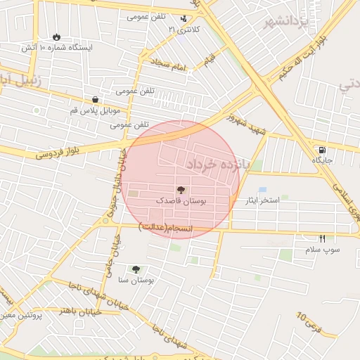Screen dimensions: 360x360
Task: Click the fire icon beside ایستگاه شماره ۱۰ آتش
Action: point(56,37)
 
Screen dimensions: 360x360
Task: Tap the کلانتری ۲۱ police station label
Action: point(184,30)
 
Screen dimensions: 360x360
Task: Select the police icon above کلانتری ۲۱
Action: point(184,19)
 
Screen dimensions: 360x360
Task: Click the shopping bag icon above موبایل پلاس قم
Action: point(95,100)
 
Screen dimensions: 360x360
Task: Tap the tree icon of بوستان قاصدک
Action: point(181,190)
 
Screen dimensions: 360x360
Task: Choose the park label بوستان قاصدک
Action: point(181,201)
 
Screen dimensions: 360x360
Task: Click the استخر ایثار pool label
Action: point(262,200)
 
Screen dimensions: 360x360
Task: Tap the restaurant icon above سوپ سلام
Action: point(322,238)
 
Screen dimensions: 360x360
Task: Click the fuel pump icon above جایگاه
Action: point(322,150)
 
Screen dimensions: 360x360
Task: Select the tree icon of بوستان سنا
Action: point(136,269)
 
